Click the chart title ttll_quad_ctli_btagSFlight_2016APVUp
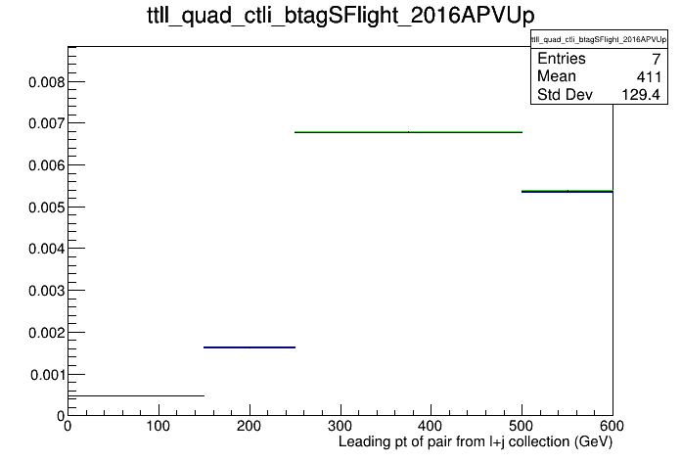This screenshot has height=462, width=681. click(340, 16)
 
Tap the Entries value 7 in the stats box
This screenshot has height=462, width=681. click(656, 59)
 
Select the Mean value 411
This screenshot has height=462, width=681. click(649, 77)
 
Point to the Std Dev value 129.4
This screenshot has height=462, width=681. click(641, 94)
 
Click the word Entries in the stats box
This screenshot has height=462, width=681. click(561, 58)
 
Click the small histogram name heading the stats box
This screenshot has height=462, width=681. click(599, 39)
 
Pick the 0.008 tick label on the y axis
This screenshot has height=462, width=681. click(46, 81)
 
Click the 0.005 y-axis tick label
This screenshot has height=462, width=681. click(46, 208)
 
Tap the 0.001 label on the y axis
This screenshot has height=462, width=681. click(47, 375)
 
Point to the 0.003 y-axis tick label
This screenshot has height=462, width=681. click(46, 291)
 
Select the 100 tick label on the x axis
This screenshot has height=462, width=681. click(159, 426)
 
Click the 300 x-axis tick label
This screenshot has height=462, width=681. click(340, 426)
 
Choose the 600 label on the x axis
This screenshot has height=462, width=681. click(613, 426)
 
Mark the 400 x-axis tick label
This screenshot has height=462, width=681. click(431, 426)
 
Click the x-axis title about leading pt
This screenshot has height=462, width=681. click(476, 442)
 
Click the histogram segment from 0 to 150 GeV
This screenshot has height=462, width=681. click(136, 396)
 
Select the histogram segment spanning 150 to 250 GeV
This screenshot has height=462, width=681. click(250, 347)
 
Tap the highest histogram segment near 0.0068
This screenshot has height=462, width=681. click(408, 132)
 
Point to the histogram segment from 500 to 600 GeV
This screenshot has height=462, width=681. click(567, 191)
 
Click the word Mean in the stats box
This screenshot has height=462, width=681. click(557, 76)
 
